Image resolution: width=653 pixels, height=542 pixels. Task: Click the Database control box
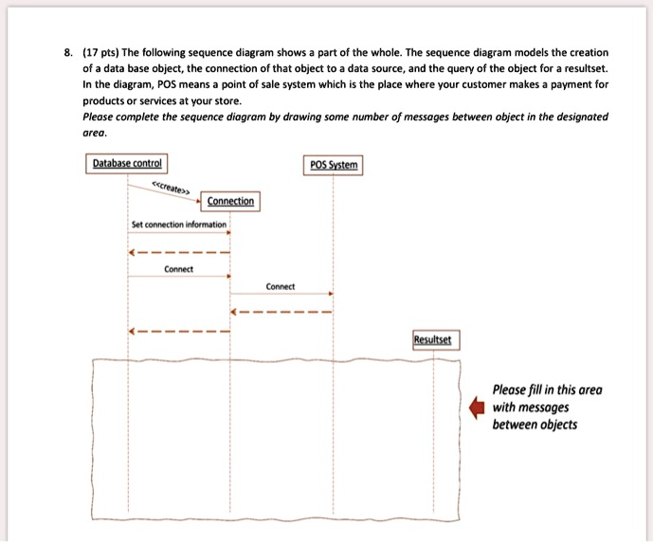(128, 164)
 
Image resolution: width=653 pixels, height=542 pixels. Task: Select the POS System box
(334, 164)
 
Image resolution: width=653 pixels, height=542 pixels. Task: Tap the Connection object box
(230, 201)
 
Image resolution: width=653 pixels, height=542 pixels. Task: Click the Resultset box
(433, 338)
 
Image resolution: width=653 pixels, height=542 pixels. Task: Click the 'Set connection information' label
(179, 225)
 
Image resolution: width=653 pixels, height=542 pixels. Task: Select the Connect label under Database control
(178, 269)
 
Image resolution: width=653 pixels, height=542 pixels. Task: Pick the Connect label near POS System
(281, 286)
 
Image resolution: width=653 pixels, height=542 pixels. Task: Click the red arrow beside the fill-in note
(478, 406)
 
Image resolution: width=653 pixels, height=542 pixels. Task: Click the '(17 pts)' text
(95, 52)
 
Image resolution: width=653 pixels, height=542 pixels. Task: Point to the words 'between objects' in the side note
(535, 424)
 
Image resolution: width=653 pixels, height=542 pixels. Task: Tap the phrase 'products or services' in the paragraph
(127, 100)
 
